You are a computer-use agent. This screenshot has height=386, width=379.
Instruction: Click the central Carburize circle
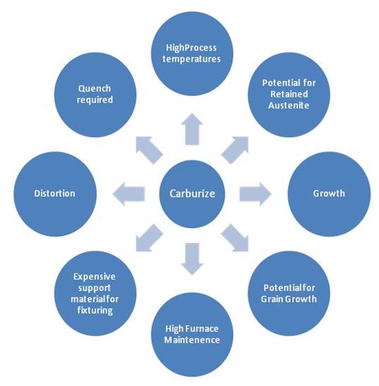pos(192,194)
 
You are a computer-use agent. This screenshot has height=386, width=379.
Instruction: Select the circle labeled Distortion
pos(55,194)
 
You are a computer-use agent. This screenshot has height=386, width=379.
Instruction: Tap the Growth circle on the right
pos(329,194)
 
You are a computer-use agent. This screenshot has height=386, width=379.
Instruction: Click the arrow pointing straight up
pos(192,129)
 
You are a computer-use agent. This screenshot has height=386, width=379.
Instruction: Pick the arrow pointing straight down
pos(192,259)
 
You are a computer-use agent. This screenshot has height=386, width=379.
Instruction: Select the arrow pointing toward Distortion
pos(129,194)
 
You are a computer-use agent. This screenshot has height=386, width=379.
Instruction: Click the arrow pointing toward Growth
pos(255,194)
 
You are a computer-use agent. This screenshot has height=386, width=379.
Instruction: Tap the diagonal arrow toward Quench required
pos(149,150)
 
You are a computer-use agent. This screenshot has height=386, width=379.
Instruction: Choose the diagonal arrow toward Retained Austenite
pos(235,150)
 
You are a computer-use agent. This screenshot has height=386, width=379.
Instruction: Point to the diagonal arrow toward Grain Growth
pos(235,238)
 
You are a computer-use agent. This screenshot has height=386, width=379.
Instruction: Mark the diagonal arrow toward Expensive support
pos(149,238)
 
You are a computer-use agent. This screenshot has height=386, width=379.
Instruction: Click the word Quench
pos(95,89)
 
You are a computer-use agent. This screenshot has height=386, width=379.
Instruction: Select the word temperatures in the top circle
pos(192,59)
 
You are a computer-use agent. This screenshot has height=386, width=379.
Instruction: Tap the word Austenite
pos(288,106)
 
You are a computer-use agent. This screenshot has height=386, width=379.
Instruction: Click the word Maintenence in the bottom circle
pos(192,340)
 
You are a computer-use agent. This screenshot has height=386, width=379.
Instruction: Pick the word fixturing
pos(95,310)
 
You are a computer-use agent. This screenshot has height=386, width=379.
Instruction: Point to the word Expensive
pos(94,277)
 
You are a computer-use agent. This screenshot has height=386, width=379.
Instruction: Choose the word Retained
pos(289,94)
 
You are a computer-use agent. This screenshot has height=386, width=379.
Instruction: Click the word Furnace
pos(202,329)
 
